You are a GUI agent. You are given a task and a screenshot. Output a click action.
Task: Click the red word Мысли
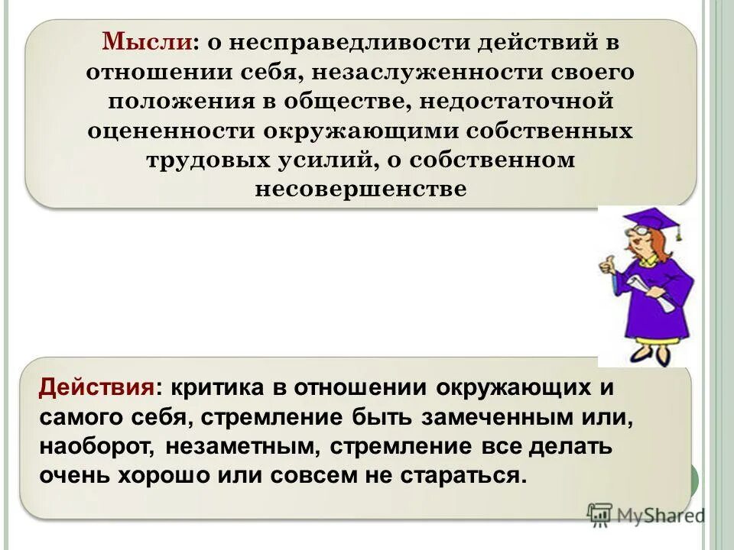tap(148, 43)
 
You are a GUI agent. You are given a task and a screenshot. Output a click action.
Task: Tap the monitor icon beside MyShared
tap(599, 515)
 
